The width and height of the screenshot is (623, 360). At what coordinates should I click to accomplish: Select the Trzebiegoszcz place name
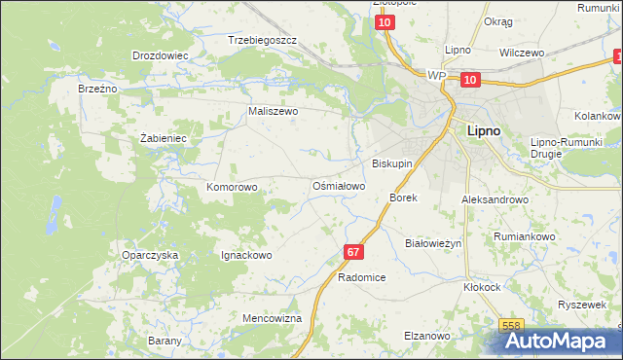(262, 41)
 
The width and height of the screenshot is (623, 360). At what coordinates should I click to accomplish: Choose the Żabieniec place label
(163, 138)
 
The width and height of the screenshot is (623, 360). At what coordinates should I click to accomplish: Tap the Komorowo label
(232, 186)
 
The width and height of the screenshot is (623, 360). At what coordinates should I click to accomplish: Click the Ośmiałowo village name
(338, 186)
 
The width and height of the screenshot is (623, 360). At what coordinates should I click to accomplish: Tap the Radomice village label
(362, 277)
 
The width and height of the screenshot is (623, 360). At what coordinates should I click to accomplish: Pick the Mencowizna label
(272, 318)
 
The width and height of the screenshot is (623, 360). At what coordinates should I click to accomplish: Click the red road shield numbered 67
(352, 252)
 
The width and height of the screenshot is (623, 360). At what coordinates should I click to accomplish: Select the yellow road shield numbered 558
(512, 326)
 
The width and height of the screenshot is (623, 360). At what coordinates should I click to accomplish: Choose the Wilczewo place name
(521, 54)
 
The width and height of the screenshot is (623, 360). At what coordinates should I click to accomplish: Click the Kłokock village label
(482, 288)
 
